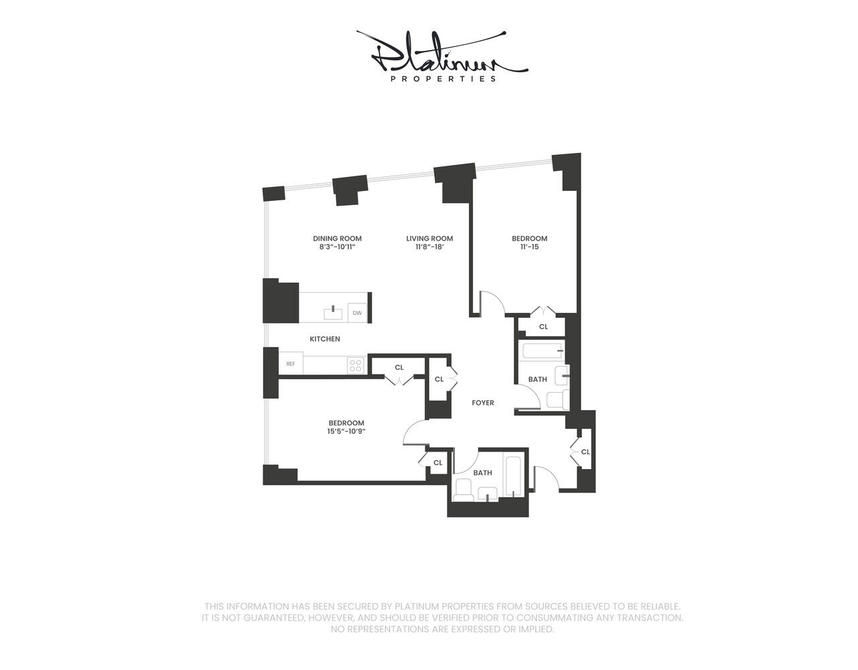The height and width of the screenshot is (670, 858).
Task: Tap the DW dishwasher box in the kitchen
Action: coord(357,313)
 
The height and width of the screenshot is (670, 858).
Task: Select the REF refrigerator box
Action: coord(291,363)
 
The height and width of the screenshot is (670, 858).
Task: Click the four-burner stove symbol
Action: coord(356,365)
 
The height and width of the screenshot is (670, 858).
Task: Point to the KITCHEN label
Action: coord(325,339)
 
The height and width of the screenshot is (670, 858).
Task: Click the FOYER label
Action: coord(483,403)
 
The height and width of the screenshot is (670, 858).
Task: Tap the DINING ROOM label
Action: coord(337,239)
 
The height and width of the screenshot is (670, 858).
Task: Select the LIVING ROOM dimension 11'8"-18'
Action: coord(429,247)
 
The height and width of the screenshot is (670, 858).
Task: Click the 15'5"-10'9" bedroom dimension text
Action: coord(346,431)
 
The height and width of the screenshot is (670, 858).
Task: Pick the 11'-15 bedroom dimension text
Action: coord(530,247)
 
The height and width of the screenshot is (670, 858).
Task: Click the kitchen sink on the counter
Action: coord(334,313)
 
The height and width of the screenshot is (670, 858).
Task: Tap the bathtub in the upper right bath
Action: coord(542,350)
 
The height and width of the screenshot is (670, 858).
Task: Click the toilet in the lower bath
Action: coord(463,490)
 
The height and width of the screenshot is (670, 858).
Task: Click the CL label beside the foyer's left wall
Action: coord(439,379)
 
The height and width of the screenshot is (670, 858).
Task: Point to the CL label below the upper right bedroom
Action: coord(543,326)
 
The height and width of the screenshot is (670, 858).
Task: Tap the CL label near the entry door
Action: coord(585,452)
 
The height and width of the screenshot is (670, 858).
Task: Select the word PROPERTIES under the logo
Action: coord(443,79)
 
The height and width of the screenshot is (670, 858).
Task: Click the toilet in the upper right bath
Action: coord(557,399)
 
